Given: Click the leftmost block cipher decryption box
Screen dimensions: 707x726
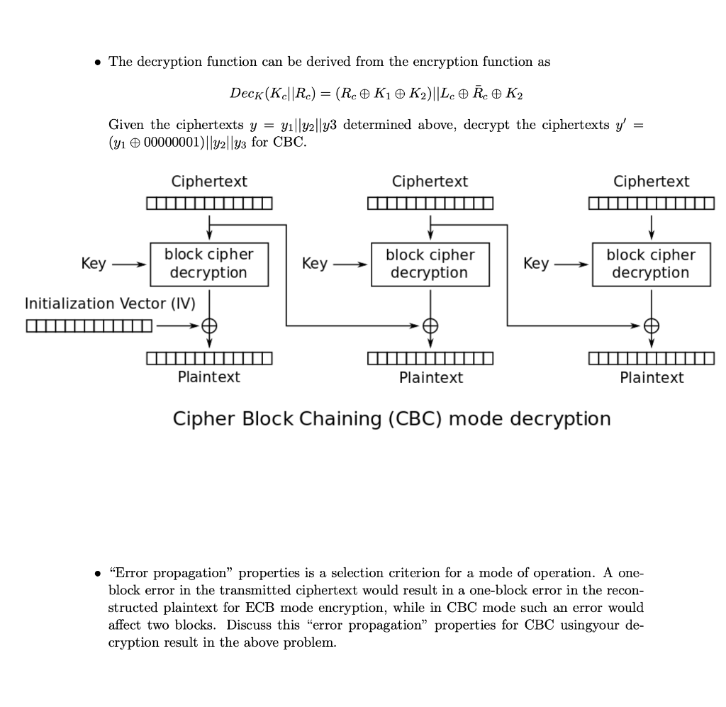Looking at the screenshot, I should (x=208, y=264).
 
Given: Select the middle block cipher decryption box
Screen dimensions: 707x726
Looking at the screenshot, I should (x=430, y=264).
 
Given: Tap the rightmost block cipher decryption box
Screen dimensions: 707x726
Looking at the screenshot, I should (x=651, y=264).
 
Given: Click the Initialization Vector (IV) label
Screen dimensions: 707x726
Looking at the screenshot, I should (x=110, y=304).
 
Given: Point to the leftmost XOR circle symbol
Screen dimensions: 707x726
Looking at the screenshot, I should (x=209, y=326).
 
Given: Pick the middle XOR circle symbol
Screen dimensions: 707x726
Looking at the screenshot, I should (x=430, y=326).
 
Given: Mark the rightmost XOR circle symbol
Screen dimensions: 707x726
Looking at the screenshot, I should (x=652, y=326).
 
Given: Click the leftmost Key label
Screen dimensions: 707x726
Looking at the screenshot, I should (x=94, y=264).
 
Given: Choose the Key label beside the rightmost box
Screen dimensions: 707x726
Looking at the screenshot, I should (x=536, y=264).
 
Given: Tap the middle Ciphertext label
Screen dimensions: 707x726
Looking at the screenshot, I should (x=430, y=182).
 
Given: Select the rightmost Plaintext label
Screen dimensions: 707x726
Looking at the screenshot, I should (x=652, y=377).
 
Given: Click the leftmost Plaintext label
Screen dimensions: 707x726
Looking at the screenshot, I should (x=208, y=377).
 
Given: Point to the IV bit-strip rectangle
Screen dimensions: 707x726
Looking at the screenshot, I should (x=89, y=327).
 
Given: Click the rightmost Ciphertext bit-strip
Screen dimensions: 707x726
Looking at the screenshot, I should (x=652, y=204).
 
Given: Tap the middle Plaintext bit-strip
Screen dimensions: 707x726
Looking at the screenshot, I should (x=430, y=358).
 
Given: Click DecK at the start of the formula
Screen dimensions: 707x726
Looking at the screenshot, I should (x=244, y=94).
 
